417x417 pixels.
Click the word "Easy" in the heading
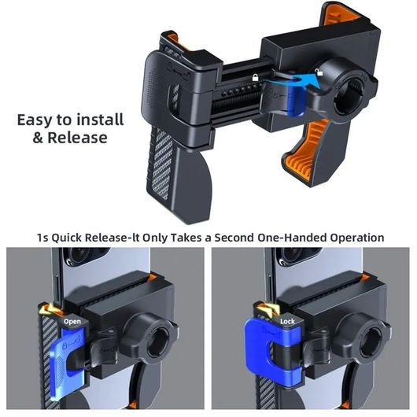click(35, 120)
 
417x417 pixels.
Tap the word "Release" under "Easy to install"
click(77, 138)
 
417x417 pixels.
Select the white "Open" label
click(72, 322)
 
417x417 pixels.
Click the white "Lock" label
click(287, 322)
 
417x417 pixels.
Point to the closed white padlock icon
click(255, 77)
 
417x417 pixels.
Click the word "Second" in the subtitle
click(234, 238)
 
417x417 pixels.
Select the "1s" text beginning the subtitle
click(42, 238)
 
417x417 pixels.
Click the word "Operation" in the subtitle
click(357, 238)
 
